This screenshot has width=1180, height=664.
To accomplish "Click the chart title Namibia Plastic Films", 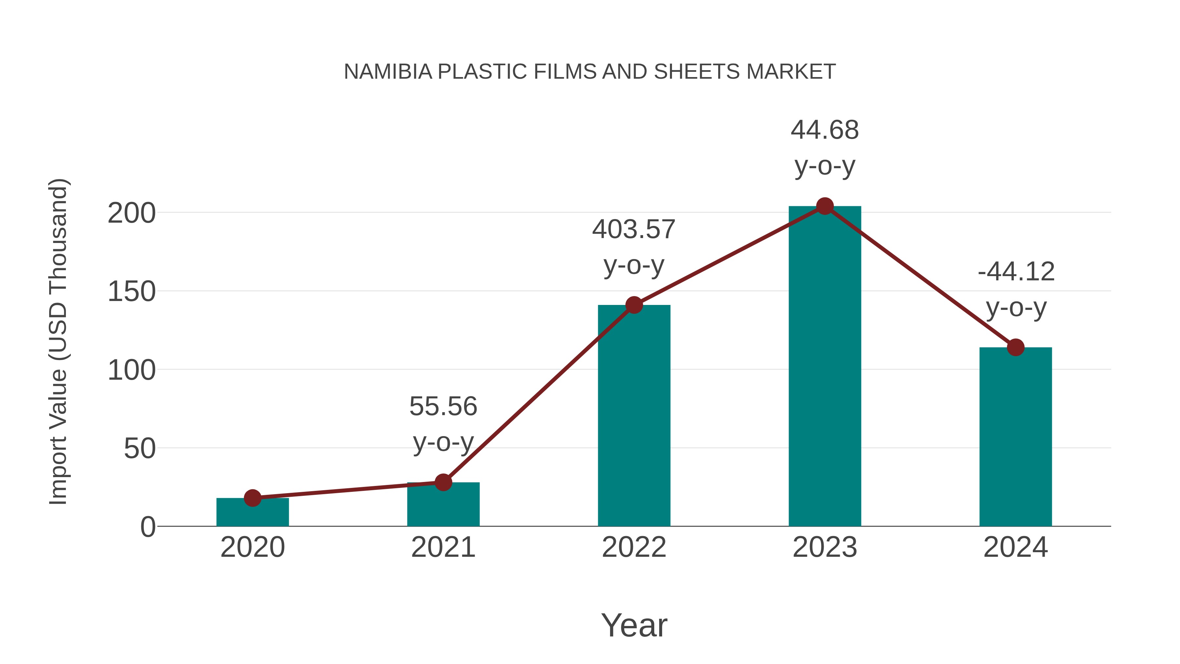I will tap(590, 72).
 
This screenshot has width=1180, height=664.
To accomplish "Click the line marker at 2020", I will tap(252, 498).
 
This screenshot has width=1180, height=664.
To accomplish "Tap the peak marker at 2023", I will tap(825, 206).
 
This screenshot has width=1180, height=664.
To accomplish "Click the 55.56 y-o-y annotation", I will tap(443, 424).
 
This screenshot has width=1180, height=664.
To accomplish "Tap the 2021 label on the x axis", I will tap(443, 547).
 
